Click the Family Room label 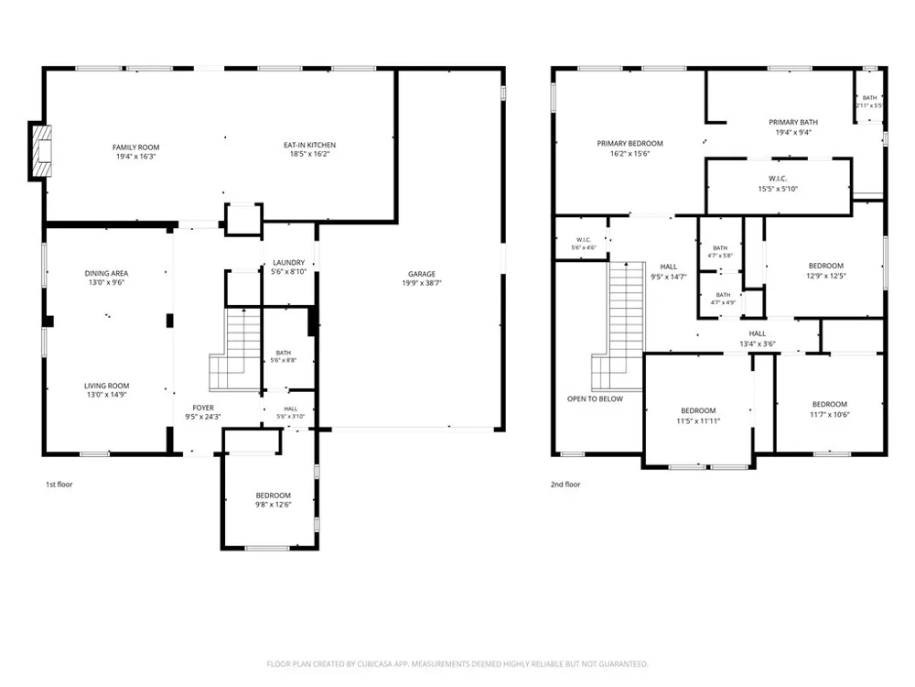[135, 147]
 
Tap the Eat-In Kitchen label [310, 145]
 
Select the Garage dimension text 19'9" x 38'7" [421, 283]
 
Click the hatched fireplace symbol [42, 151]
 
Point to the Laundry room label [288, 263]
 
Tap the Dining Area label [106, 273]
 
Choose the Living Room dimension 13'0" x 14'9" [106, 395]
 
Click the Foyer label [203, 408]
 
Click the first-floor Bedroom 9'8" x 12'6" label [273, 496]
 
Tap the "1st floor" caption [59, 485]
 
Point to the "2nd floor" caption [565, 485]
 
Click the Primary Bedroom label [630, 143]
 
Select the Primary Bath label [793, 122]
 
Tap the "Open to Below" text [595, 399]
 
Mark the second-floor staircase [619, 326]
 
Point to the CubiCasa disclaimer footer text [457, 664]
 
